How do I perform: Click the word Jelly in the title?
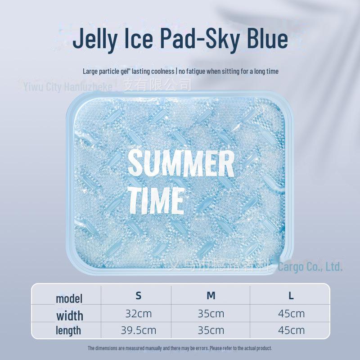[95, 39]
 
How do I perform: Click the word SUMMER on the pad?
[181, 164]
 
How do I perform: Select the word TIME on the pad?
[156, 201]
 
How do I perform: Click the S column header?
[139, 296]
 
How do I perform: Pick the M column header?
[211, 296]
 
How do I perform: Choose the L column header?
[291, 296]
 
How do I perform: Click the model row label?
[69, 298]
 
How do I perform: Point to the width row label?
[69, 315]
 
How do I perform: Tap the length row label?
[68, 330]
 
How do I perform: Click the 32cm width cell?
[139, 314]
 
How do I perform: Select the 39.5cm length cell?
[139, 330]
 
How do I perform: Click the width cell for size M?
[211, 314]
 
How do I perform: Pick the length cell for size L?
[291, 330]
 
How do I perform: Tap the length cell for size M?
[211, 330]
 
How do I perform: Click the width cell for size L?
[291, 314]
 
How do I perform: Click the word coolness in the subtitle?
[162, 71]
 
